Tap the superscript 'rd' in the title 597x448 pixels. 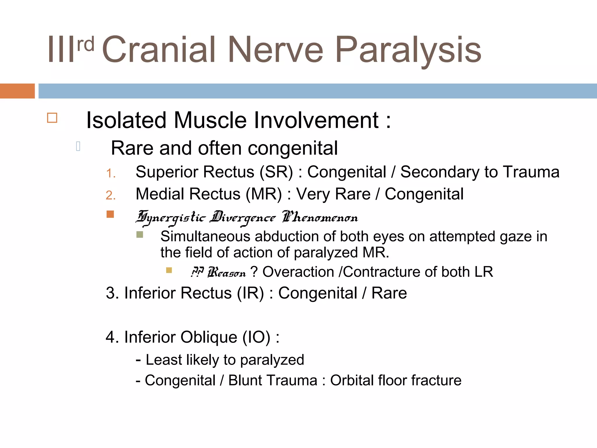[86, 44]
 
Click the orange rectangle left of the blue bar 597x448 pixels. [17, 91]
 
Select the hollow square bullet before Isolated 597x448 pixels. [52, 118]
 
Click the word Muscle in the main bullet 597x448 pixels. [210, 120]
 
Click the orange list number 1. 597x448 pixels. [110, 174]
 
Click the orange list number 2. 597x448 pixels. [110, 195]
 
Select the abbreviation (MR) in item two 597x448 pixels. [264, 194]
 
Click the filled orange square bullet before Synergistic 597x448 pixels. [110, 214]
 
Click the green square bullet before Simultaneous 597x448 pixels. [140, 235]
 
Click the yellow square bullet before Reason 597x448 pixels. [169, 270]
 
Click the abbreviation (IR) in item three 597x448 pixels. [250, 293]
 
